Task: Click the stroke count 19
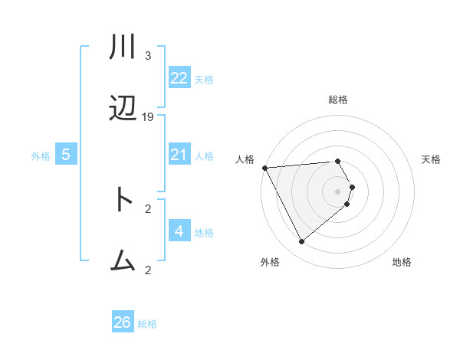(148, 117)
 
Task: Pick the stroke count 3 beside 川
(148, 56)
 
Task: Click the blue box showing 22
(179, 78)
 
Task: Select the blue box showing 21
(179, 155)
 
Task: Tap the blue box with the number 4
(179, 231)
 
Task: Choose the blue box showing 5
(66, 155)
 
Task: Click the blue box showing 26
(123, 322)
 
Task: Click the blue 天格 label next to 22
(204, 80)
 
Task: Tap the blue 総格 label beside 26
(147, 324)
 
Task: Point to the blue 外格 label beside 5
(41, 156)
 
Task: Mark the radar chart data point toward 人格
(264, 167)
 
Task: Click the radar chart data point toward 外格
(301, 242)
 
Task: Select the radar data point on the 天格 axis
(352, 187)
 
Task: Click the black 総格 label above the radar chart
(338, 100)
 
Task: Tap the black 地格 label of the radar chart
(402, 263)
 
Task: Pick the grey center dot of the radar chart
(338, 191)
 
